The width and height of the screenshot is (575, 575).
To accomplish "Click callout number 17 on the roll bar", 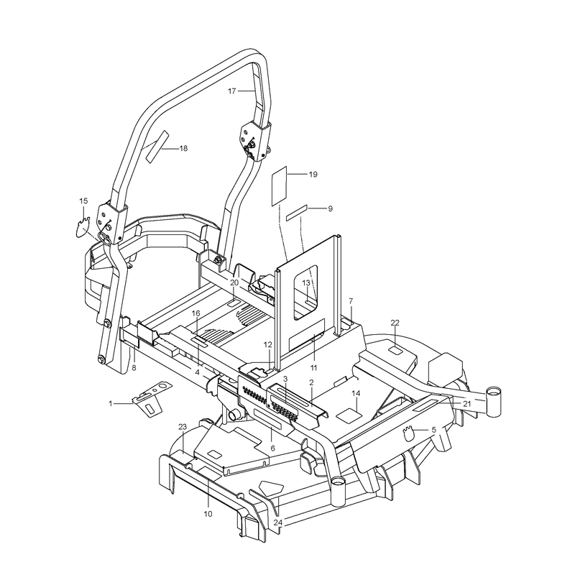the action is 231,91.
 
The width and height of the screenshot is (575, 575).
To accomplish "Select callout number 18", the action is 183,149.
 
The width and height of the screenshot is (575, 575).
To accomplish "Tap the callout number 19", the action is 313,174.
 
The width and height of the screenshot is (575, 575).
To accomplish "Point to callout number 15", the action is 83,201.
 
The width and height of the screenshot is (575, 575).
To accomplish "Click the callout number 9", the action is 330,208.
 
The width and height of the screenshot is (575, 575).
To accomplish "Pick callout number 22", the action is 395,323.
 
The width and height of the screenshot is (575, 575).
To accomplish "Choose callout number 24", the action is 277,523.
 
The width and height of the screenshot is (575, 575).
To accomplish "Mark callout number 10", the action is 208,514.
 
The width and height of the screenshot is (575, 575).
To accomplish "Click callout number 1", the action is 111,403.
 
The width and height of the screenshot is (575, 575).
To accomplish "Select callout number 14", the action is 356,393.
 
